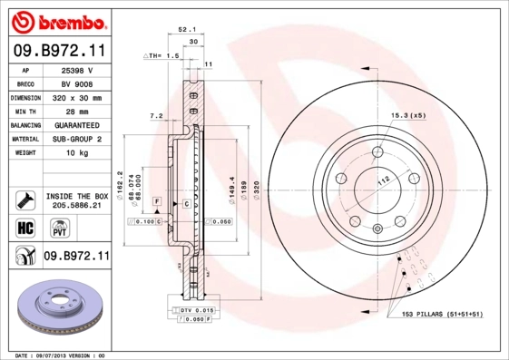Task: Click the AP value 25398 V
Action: (x=78, y=70)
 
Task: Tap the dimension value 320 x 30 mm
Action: (x=78, y=97)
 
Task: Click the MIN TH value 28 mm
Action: (x=78, y=111)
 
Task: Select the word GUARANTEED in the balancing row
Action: (x=78, y=124)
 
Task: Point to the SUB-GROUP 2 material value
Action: (x=78, y=139)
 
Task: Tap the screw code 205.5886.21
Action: (x=78, y=206)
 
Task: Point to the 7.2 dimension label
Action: (x=155, y=116)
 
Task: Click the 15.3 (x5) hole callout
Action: (x=407, y=115)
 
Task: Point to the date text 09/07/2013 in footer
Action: (x=59, y=355)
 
